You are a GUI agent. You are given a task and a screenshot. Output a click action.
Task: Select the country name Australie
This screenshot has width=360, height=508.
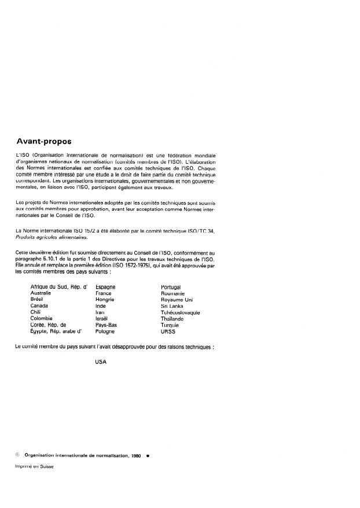click(x=43, y=293)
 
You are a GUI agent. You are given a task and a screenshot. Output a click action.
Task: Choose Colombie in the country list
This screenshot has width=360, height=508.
click(x=42, y=319)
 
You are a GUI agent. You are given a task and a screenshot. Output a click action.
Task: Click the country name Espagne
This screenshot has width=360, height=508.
click(x=105, y=287)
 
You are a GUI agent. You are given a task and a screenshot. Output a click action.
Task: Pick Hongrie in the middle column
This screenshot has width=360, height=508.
click(x=105, y=300)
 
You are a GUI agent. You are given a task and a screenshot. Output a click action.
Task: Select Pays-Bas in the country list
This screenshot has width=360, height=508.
click(x=106, y=325)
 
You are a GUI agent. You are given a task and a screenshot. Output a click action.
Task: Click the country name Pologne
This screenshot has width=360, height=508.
click(x=105, y=332)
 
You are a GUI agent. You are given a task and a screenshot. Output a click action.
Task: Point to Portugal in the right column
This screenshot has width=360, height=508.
click(x=171, y=287)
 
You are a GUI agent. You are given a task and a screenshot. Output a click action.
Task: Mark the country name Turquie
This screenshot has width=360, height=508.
click(x=170, y=325)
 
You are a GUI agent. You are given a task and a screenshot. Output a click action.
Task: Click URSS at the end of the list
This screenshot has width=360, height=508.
click(x=168, y=332)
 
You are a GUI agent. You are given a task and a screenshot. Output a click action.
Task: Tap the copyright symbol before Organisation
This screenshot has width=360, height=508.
click(x=18, y=455)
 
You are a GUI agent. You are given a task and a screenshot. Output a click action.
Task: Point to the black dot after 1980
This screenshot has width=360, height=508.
click(x=148, y=455)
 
